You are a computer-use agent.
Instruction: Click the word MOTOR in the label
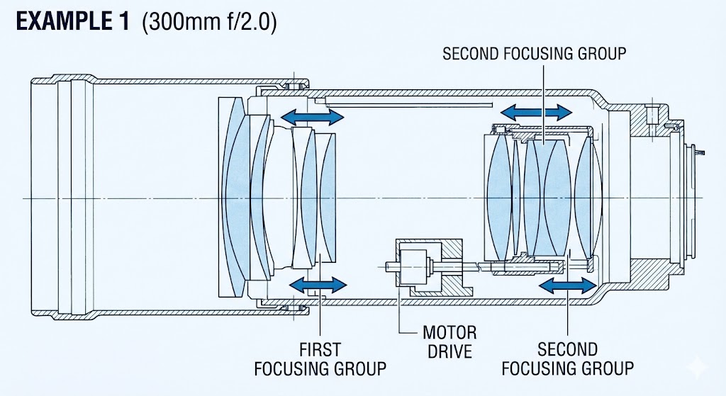click(449, 332)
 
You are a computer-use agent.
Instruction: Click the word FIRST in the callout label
click(320, 350)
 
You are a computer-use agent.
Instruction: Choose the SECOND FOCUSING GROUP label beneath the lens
click(567, 358)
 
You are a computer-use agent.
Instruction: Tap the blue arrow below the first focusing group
click(318, 284)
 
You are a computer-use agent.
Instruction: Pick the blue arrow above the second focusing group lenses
click(535, 111)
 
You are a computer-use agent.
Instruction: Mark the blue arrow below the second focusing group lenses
click(567, 285)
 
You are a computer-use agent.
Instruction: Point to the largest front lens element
click(232, 198)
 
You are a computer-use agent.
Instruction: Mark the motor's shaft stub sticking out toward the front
click(390, 267)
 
